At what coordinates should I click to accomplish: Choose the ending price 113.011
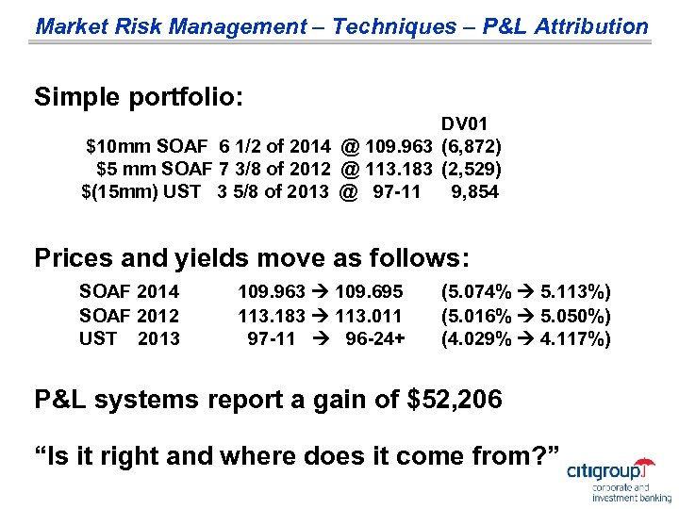[369, 315]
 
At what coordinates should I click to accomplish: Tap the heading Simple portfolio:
[139, 97]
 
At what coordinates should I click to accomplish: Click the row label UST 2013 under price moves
[129, 337]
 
